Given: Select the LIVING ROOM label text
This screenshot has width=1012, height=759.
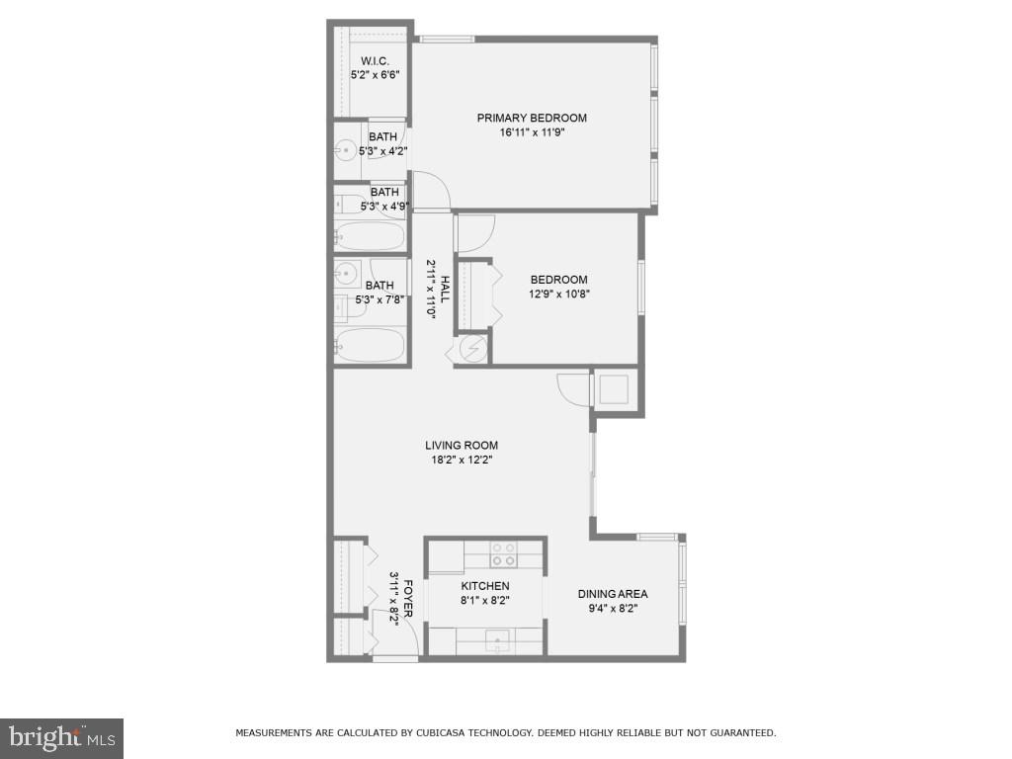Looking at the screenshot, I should click(462, 445).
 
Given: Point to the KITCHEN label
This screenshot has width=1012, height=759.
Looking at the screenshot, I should click(485, 586).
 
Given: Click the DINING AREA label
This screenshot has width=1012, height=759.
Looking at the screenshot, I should click(613, 594).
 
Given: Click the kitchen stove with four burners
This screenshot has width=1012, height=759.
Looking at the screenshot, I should click(503, 553).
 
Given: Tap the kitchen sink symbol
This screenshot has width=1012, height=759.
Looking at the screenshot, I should click(497, 640).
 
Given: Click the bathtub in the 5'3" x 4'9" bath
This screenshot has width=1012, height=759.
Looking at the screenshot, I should click(370, 236).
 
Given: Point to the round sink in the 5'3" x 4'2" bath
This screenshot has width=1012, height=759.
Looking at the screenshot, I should click(345, 151).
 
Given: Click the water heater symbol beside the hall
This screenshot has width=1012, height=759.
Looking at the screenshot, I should click(471, 349).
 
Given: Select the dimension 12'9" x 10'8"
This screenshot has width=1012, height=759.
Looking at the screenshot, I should click(558, 294).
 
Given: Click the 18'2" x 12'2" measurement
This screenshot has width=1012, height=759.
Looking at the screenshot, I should click(462, 459).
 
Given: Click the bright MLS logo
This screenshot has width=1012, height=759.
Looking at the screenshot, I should click(61, 737).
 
